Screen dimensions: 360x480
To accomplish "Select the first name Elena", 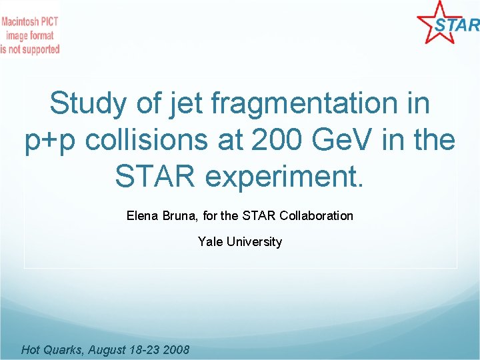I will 141,215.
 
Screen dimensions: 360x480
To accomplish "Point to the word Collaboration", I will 316,215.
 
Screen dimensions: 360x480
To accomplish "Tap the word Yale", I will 210,241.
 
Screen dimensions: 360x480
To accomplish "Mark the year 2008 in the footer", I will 175,349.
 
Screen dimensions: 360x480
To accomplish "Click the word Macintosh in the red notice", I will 21,21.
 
